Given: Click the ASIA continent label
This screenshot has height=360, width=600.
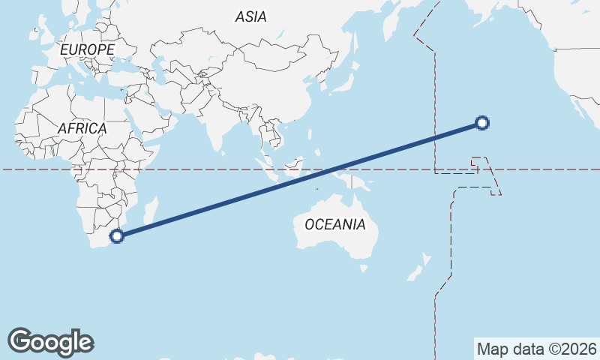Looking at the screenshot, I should [250, 16].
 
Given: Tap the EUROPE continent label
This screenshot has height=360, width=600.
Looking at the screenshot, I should [87, 49].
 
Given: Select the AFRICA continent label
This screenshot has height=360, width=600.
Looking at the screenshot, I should [82, 128].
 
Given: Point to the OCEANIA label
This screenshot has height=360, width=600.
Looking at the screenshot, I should [334, 224].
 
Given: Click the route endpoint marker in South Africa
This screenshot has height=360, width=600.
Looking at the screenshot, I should [116, 236].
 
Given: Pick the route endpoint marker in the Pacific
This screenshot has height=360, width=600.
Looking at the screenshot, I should [482, 123].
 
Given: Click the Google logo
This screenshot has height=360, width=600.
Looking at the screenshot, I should [50, 341].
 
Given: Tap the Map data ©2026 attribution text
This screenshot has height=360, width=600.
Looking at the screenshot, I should [536, 349].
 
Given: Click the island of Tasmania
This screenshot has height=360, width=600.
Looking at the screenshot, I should [364, 267].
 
